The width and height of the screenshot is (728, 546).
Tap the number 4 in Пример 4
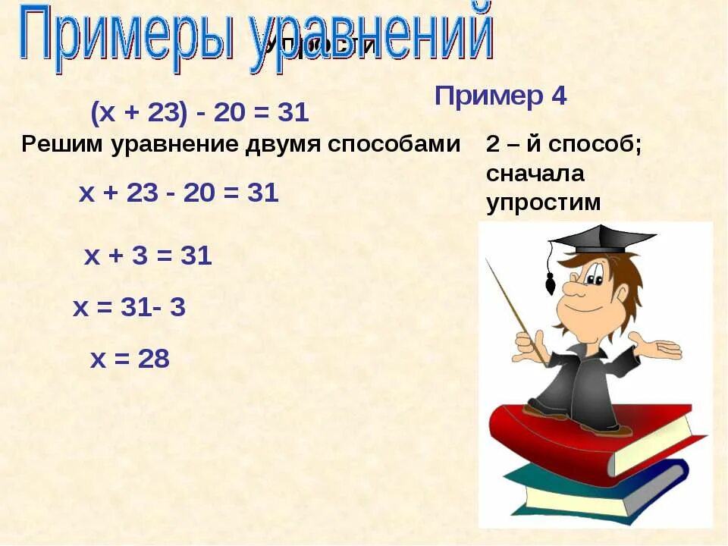(x=557, y=96)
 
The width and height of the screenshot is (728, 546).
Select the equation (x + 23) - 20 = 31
(x=199, y=114)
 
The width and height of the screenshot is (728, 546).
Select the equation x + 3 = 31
(x=148, y=256)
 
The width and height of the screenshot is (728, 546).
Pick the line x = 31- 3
(x=129, y=308)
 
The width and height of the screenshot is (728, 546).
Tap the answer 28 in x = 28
(x=154, y=359)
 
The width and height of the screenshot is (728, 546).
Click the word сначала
(x=535, y=174)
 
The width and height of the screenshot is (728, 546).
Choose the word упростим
(x=543, y=202)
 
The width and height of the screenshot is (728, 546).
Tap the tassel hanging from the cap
(x=551, y=282)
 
